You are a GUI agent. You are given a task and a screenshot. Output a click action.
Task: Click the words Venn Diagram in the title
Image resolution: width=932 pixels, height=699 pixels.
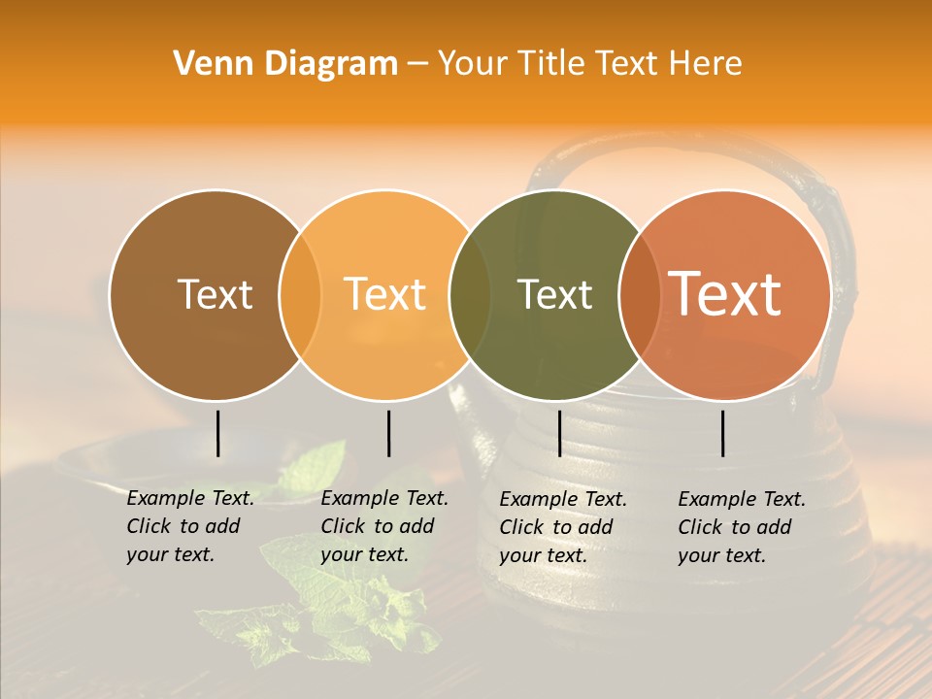click(x=285, y=64)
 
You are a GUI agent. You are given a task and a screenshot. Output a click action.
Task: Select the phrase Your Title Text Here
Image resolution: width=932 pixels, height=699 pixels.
click(x=589, y=64)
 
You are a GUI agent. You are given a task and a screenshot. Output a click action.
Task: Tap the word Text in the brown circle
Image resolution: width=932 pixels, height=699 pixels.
click(x=215, y=294)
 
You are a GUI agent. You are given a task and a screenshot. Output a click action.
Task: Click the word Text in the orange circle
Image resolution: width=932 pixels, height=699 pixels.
click(x=385, y=294)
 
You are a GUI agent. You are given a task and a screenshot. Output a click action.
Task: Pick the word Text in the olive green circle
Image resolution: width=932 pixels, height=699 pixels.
click(x=554, y=294)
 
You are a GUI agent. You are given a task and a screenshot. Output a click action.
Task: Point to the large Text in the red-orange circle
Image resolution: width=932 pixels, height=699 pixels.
click(x=725, y=293)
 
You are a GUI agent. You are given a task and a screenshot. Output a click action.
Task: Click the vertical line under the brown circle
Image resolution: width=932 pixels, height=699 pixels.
click(x=218, y=433)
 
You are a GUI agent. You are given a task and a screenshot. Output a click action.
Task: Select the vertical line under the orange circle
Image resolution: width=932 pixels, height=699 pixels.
click(x=388, y=433)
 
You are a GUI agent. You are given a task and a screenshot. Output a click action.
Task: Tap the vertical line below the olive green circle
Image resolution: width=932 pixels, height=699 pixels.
click(x=559, y=433)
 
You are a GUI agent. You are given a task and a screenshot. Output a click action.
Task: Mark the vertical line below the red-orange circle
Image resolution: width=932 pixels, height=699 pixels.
click(x=723, y=433)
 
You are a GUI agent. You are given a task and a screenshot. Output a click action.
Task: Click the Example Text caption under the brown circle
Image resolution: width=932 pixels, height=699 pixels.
click(x=190, y=526)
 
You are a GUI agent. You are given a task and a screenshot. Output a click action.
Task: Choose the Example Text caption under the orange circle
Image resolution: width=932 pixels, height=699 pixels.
click(x=384, y=526)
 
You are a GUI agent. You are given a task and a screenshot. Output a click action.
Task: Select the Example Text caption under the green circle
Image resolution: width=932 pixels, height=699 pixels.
click(x=563, y=527)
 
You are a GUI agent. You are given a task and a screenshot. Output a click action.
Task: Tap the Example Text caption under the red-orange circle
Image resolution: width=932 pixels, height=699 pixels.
click(x=742, y=527)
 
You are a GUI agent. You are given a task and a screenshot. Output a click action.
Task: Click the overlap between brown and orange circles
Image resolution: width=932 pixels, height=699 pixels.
click(x=300, y=294)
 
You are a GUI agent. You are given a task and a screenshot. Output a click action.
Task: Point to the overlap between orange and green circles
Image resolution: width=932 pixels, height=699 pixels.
click(x=470, y=294)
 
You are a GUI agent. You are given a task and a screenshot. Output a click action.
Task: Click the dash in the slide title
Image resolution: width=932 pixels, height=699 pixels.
click(x=417, y=64)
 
